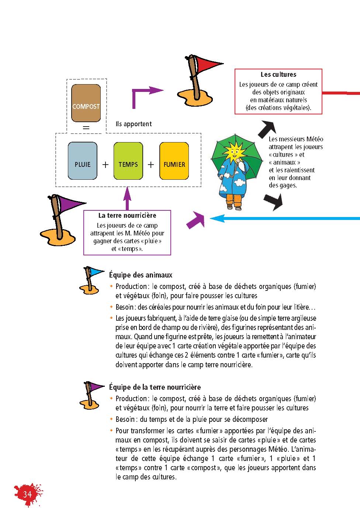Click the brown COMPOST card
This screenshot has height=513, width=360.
click(x=86, y=103)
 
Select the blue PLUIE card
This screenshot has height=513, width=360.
click(x=82, y=161)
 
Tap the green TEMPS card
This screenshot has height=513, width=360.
click(x=128, y=161)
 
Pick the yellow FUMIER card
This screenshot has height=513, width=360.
click(x=174, y=161)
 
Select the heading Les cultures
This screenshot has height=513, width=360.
click(x=278, y=75)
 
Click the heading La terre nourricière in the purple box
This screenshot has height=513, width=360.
click(x=127, y=216)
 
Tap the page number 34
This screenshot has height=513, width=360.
click(x=27, y=494)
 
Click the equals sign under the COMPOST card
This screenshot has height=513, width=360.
click(x=86, y=127)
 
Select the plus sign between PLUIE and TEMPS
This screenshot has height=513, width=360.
click(x=105, y=165)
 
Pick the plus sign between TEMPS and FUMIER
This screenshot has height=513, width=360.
click(x=151, y=165)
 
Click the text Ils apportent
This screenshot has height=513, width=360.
click(x=134, y=124)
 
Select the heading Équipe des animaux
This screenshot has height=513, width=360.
click(x=141, y=275)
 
